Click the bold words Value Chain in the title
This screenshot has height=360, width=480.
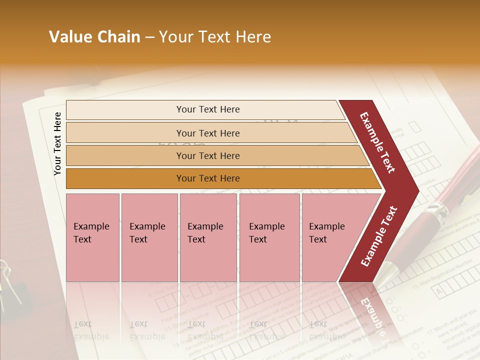point(94,37)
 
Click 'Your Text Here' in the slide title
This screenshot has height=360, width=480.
point(215,37)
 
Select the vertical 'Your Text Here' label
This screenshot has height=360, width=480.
point(57,144)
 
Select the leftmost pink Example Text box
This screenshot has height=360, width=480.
point(92,237)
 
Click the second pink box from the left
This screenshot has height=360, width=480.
point(149,237)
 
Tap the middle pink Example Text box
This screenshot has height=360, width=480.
point(208,237)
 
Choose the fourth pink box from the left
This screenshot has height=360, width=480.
point(269,237)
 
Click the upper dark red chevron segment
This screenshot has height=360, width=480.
point(379,142)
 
